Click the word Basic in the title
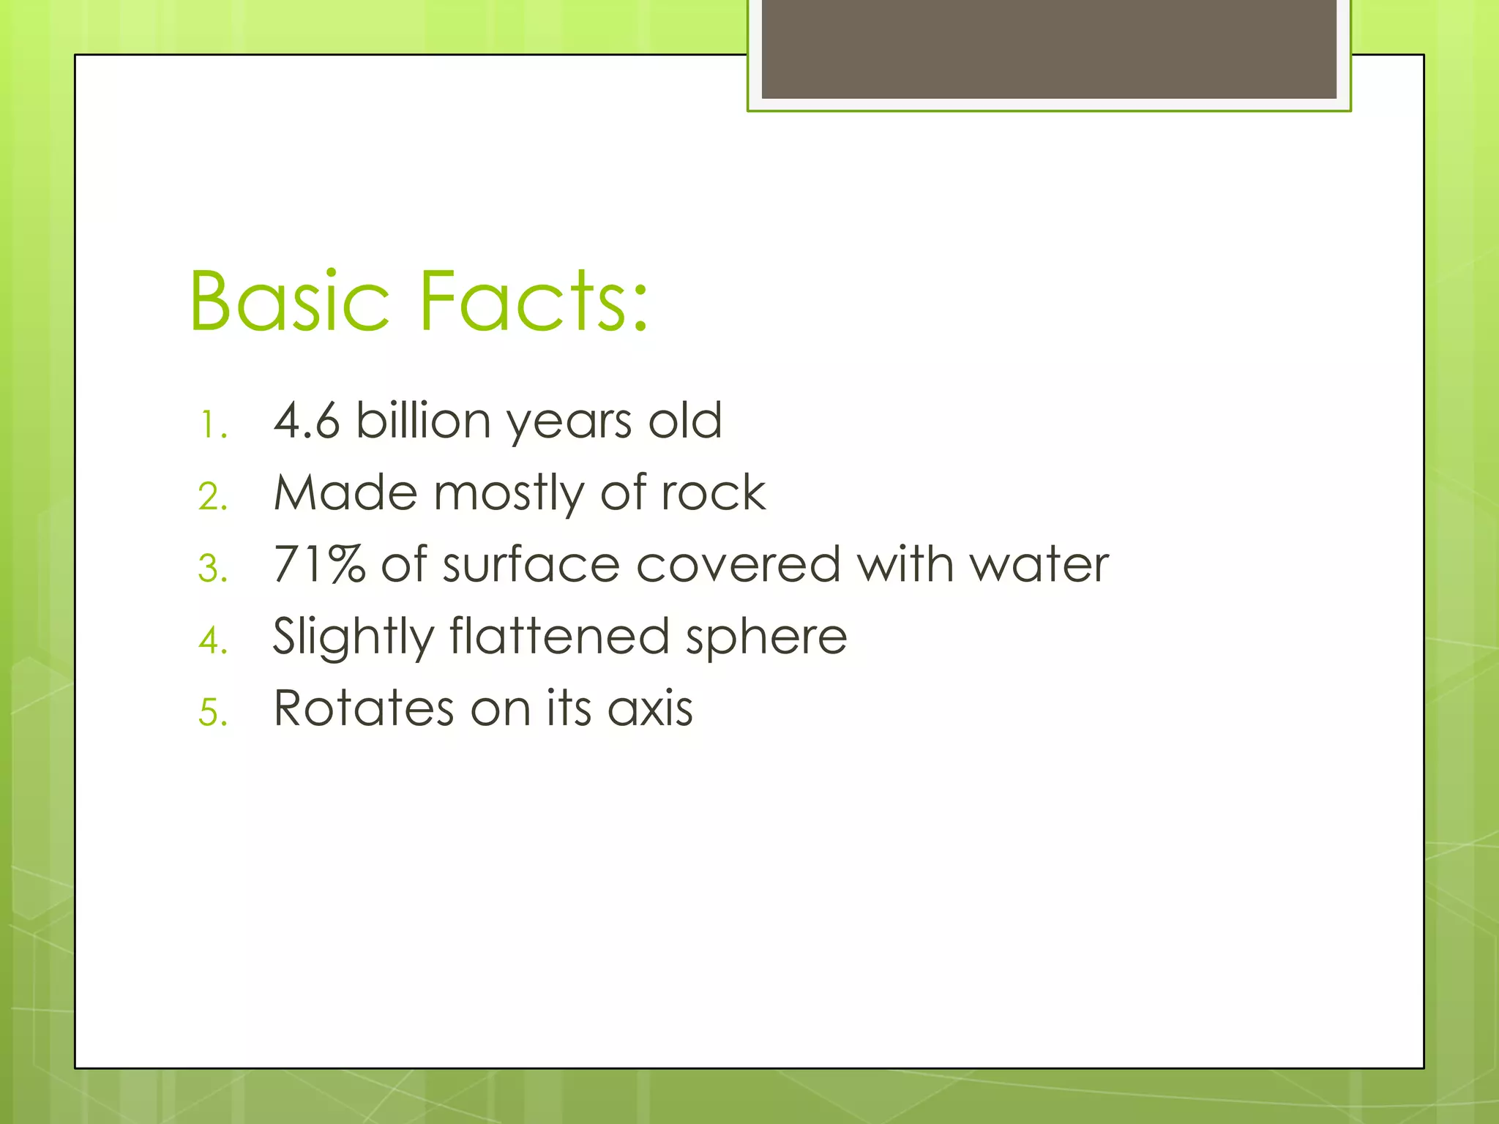pyautogui.click(x=289, y=301)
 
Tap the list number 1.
pyautogui.click(x=213, y=425)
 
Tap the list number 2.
pyautogui.click(x=213, y=498)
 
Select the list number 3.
pyautogui.click(x=213, y=569)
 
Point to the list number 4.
pyautogui.click(x=213, y=641)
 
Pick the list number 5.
pyautogui.click(x=213, y=713)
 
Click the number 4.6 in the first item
pyautogui.click(x=306, y=421)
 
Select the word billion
pyautogui.click(x=423, y=421)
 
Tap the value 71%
pyautogui.click(x=319, y=565)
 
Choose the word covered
pyautogui.click(x=738, y=565)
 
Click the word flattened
pyautogui.click(x=559, y=636)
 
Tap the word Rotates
pyautogui.click(x=364, y=708)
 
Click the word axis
pyautogui.click(x=650, y=708)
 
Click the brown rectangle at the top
pyautogui.click(x=1048, y=48)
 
